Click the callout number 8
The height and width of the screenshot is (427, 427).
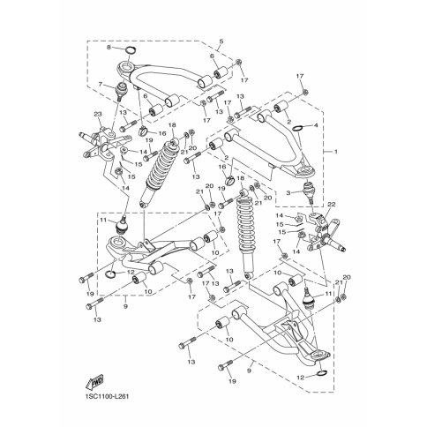tap(109, 49)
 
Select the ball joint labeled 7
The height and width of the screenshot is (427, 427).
tap(121, 95)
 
